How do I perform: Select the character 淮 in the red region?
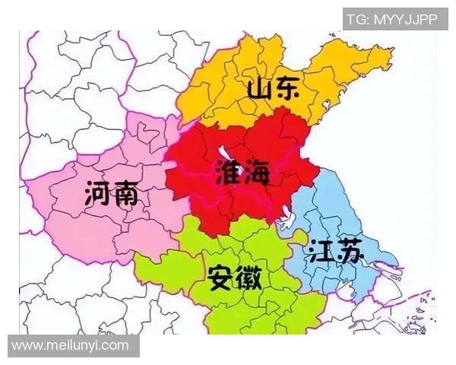pos(228,173)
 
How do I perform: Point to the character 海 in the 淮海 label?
pos(256,173)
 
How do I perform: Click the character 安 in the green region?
pos(220,278)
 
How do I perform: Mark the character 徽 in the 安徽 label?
pos(249,278)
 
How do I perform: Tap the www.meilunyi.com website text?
pos(70,346)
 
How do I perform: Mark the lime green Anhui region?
pos(251,312)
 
